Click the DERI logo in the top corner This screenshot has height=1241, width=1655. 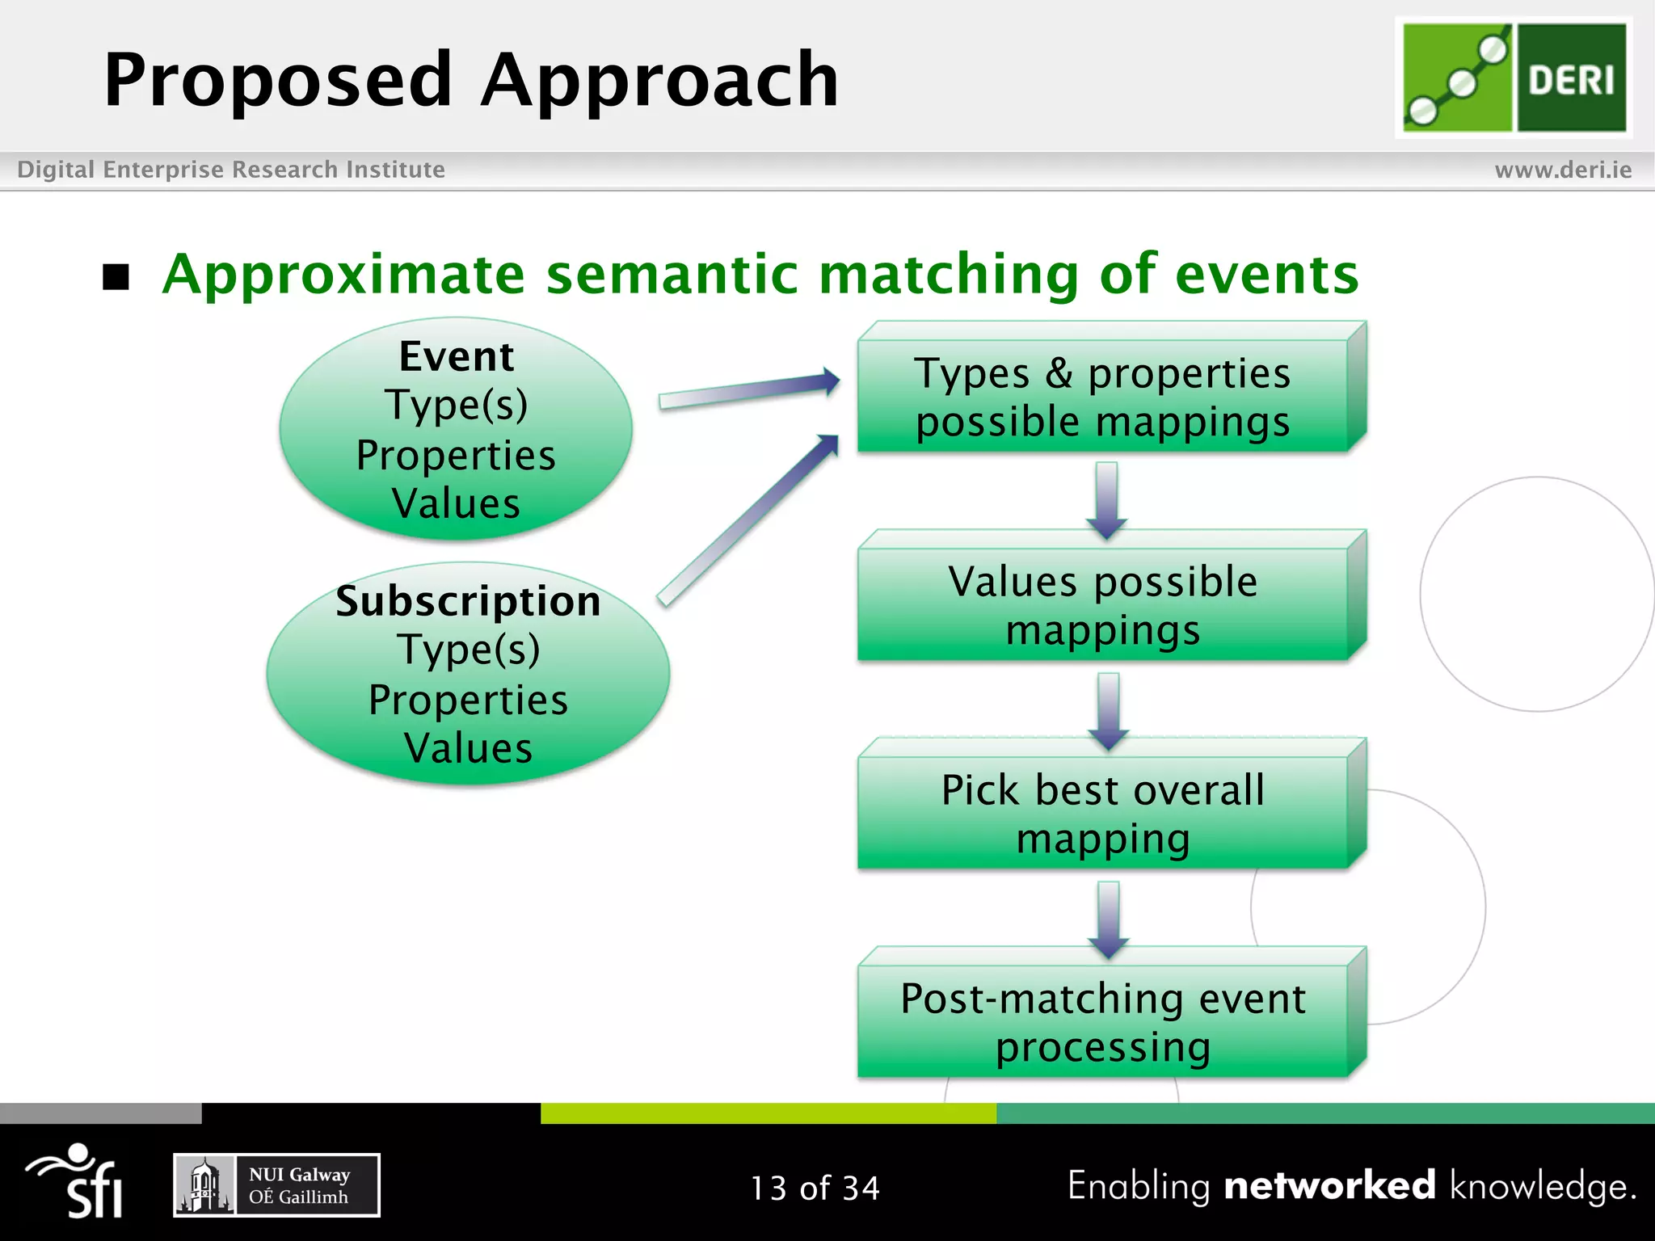coord(1514,78)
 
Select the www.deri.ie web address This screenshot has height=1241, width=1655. coord(1562,170)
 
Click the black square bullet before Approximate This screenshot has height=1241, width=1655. coord(116,277)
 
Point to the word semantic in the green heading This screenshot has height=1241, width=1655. coord(672,274)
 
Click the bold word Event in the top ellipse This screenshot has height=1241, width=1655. coord(457,356)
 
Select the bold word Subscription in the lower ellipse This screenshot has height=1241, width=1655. coord(468,601)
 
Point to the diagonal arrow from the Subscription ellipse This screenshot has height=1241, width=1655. coord(747,520)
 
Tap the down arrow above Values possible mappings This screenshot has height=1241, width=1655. coord(1106,499)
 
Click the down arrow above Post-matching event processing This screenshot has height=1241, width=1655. coord(1108,918)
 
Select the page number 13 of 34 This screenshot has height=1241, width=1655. coord(815,1188)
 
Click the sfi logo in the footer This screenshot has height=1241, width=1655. coord(77,1180)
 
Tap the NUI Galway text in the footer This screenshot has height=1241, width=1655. coord(299,1175)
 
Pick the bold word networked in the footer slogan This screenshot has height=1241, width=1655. coord(1329,1186)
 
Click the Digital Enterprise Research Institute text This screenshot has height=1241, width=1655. coord(231,170)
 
